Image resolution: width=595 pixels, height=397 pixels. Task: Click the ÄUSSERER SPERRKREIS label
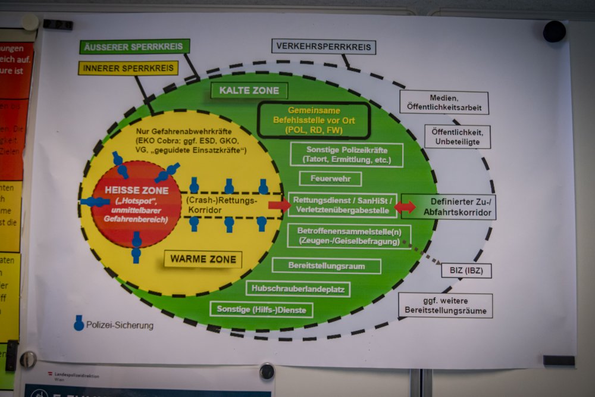point(134,46)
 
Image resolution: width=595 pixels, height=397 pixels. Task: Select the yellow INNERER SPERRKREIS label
point(128,68)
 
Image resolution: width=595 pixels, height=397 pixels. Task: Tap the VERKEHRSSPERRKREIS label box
point(324,46)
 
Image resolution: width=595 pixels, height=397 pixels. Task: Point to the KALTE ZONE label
point(249,90)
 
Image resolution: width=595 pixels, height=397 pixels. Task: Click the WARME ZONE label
point(203,260)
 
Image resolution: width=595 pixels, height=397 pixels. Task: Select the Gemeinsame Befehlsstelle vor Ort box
point(314,120)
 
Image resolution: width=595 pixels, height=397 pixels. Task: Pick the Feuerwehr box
point(330,179)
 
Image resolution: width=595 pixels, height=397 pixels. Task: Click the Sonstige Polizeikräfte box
point(346,155)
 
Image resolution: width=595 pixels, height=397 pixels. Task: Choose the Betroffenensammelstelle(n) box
point(349,236)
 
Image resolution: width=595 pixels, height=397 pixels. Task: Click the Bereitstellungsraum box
point(326,265)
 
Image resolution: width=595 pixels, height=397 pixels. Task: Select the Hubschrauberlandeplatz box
point(297,289)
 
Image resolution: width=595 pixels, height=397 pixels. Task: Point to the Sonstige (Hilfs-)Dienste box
point(253,309)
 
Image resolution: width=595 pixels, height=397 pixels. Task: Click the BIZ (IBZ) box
point(466,271)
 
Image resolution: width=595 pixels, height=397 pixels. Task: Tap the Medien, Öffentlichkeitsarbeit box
point(444,102)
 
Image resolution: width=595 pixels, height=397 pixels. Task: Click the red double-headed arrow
point(405,207)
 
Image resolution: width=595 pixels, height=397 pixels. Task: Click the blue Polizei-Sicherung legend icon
point(79,323)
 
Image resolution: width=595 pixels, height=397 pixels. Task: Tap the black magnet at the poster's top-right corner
point(554,32)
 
